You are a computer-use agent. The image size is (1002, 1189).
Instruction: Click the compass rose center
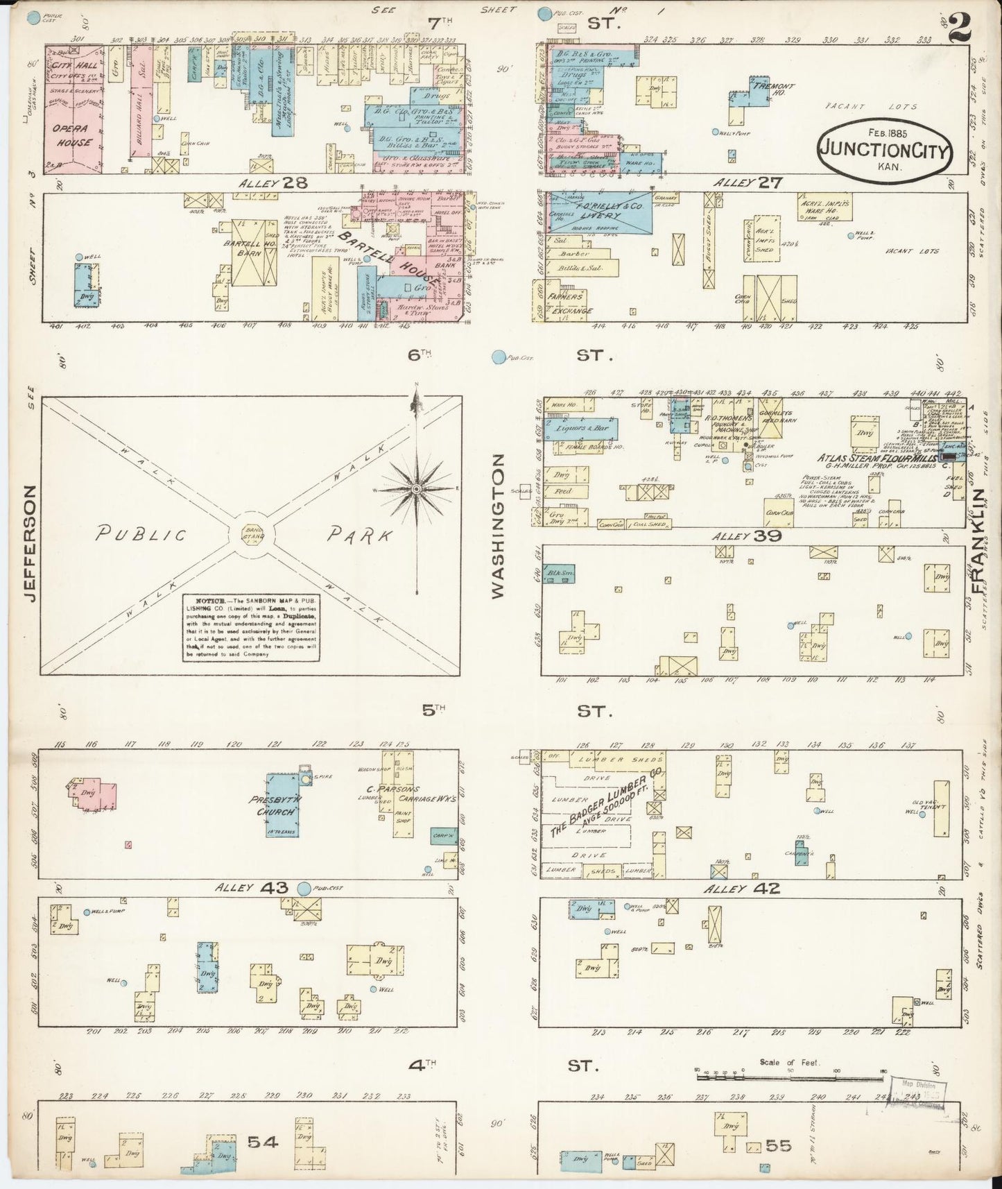416,489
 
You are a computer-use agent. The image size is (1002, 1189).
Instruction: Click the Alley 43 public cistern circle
304,888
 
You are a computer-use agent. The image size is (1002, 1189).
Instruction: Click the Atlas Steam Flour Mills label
876,459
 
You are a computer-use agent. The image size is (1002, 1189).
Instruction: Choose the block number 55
777,1145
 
